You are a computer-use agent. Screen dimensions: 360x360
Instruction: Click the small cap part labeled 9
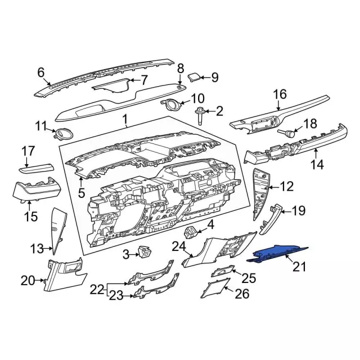coord(195,76)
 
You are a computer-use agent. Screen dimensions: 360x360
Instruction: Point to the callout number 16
coord(280,94)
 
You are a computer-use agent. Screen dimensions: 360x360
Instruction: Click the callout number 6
coord(40,72)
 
